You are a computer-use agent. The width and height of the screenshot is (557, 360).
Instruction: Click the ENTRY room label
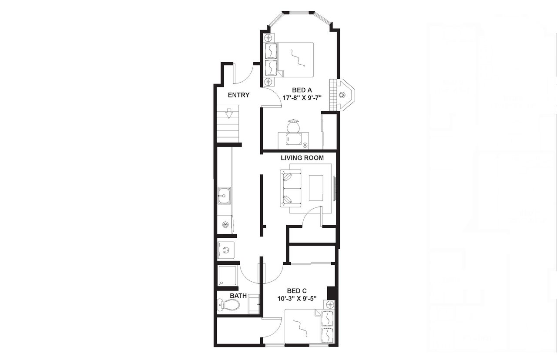pyautogui.click(x=238, y=95)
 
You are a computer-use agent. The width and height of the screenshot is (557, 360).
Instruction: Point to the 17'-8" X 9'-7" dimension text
pyautogui.click(x=302, y=98)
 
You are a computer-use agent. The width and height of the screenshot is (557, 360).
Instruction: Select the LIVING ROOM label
pyautogui.click(x=302, y=158)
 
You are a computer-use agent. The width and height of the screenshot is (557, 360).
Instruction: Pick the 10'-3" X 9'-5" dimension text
pyautogui.click(x=297, y=299)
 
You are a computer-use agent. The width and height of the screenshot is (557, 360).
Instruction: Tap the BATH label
pyautogui.click(x=238, y=296)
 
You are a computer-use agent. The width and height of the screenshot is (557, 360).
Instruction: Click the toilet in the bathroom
pyautogui.click(x=229, y=305)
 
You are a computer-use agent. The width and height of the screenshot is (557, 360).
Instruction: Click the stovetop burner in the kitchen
pyautogui.click(x=225, y=224)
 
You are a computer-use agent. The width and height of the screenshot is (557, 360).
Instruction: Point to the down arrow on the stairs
pyautogui.click(x=229, y=114)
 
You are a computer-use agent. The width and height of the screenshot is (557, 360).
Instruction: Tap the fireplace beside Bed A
pyautogui.click(x=344, y=94)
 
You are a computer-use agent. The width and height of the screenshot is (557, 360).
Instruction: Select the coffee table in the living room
pyautogui.click(x=316, y=188)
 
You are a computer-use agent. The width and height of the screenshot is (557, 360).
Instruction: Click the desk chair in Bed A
pyautogui.click(x=293, y=126)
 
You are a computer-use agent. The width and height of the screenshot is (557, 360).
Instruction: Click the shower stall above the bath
pyautogui.click(x=227, y=275)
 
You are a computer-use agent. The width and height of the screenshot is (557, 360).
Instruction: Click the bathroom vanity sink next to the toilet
pyautogui.click(x=254, y=304)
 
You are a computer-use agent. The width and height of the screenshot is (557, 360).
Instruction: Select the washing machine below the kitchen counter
pyautogui.click(x=225, y=250)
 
